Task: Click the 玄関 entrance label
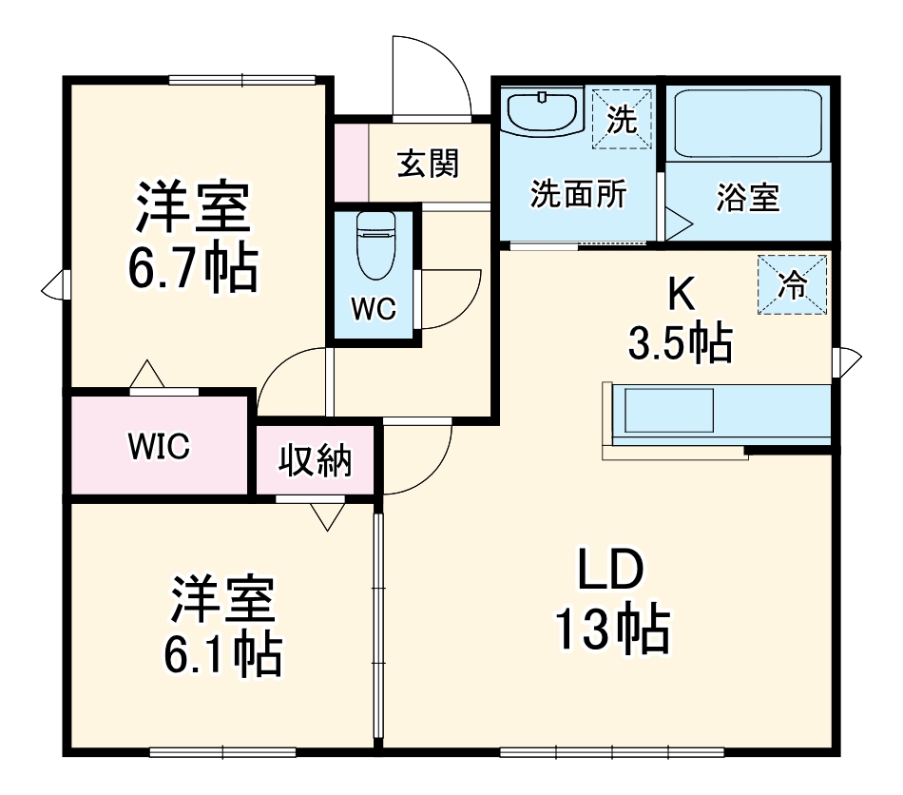pyautogui.click(x=429, y=165)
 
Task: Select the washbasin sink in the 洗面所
pyautogui.click(x=542, y=111)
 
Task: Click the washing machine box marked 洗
pyautogui.click(x=622, y=120)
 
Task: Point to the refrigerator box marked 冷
pyautogui.click(x=792, y=284)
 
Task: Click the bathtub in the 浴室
pyautogui.click(x=747, y=125)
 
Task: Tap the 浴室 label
pyautogui.click(x=748, y=199)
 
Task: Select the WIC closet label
pyautogui.click(x=160, y=445)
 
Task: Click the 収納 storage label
pyautogui.click(x=315, y=462)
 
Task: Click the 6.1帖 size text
pyautogui.click(x=224, y=654)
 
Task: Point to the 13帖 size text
pyautogui.click(x=612, y=630)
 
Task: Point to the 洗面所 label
pyautogui.click(x=578, y=195)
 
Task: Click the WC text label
pyautogui.click(x=373, y=309)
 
